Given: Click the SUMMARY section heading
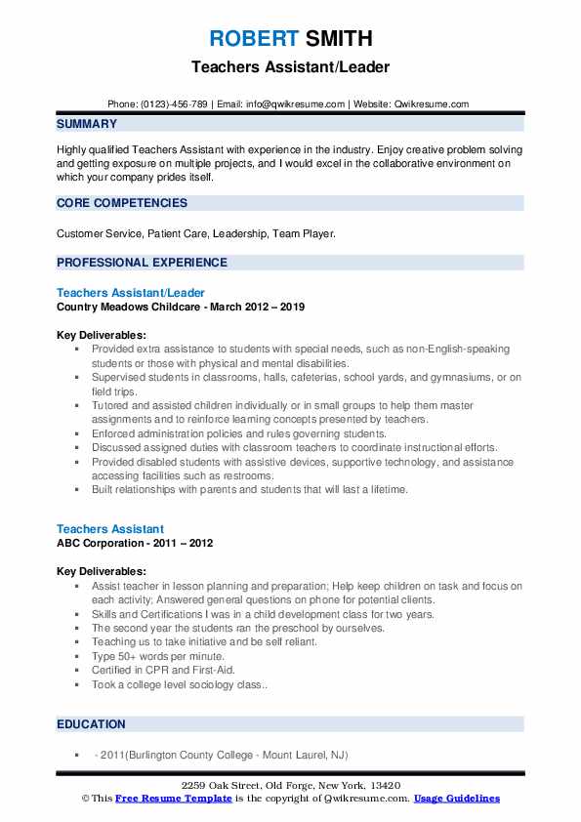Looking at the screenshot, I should pyautogui.click(x=87, y=124).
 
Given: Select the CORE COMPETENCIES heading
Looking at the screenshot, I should pyautogui.click(x=122, y=203).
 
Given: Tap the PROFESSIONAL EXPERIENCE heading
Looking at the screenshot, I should pyautogui.click(x=142, y=263).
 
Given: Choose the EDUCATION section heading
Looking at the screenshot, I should pyautogui.click(x=91, y=724).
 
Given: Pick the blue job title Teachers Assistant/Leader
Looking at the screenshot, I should pyautogui.click(x=131, y=293).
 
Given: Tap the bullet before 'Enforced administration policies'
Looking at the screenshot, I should pyautogui.click(x=77, y=433).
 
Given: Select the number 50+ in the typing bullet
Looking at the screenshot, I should pyautogui.click(x=128, y=657).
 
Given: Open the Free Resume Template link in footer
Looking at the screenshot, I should pyautogui.click(x=174, y=799).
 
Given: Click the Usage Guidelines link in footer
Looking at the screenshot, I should pyautogui.click(x=456, y=799).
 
